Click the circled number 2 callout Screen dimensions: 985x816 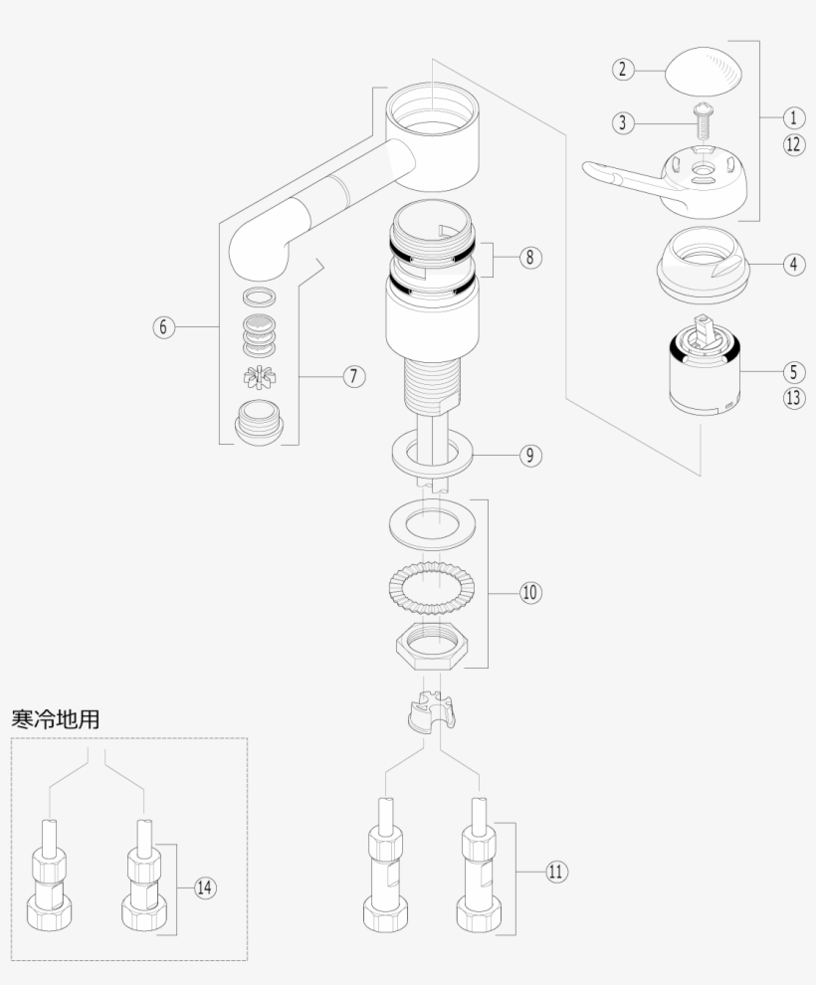click(x=622, y=69)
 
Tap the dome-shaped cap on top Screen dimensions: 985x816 click(x=706, y=69)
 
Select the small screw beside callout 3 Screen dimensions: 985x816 click(x=703, y=124)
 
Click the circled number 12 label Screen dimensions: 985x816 click(x=793, y=144)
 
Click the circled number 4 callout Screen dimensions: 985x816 click(x=793, y=265)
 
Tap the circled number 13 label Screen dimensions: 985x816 click(x=793, y=398)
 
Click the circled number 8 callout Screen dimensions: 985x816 click(x=529, y=257)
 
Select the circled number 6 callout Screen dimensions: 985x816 click(x=164, y=326)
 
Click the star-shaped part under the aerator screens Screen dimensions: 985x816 click(x=259, y=377)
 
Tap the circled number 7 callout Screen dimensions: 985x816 click(x=353, y=376)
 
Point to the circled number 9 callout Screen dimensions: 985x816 click(x=529, y=456)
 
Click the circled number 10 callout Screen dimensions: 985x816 click(x=529, y=592)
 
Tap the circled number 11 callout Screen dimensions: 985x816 click(x=555, y=872)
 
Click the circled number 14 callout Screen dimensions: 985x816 click(x=204, y=887)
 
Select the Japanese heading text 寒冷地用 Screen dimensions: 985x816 click(x=55, y=718)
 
